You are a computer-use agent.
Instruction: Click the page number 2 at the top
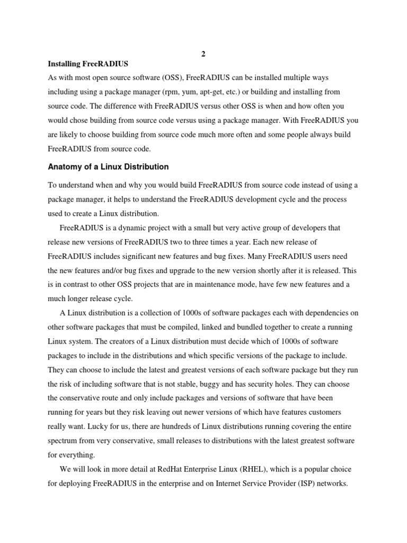point(203,55)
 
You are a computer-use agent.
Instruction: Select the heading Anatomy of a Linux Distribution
point(108,167)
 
